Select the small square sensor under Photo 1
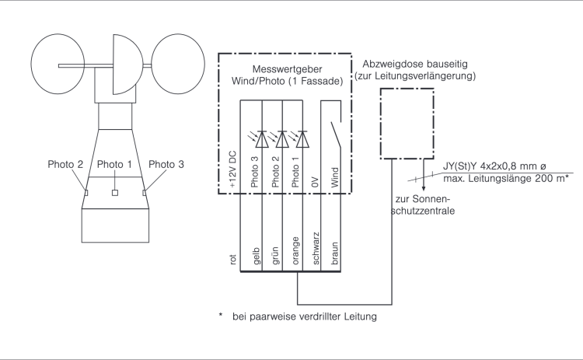[x=115, y=193]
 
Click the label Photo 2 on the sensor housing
[x=65, y=164]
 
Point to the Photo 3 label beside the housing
[x=166, y=164]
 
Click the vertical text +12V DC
[x=232, y=170]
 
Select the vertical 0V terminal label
[x=316, y=182]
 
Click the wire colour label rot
[x=232, y=259]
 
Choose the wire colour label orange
[x=295, y=250]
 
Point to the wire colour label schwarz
[x=316, y=249]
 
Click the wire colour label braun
[x=334, y=253]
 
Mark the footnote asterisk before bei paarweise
[x=221, y=316]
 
